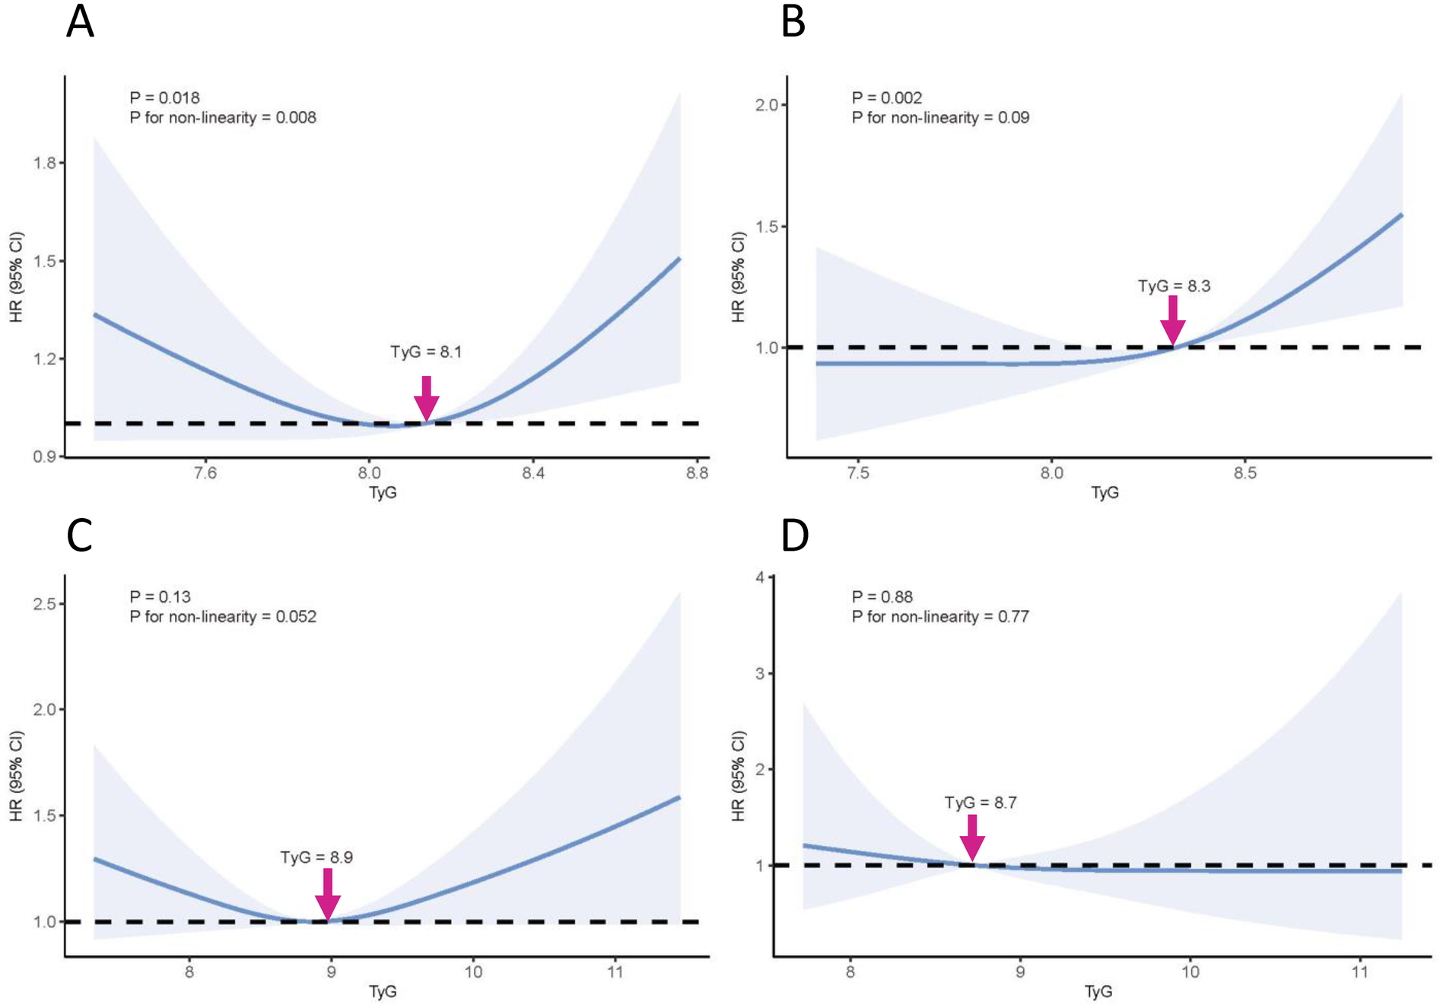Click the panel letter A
80,22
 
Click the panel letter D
795,536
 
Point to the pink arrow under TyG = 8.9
328,895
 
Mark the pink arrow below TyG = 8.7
972,838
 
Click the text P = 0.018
164,97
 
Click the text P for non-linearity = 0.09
940,117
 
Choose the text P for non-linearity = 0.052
223,616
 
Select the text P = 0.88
882,596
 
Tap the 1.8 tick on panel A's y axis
44,163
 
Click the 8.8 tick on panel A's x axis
697,473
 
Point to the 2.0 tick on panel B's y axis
766,105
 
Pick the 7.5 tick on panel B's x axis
857,473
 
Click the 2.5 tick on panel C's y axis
44,604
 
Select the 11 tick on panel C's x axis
615,971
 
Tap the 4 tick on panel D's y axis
759,577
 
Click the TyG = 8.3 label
1174,286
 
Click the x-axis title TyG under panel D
1098,991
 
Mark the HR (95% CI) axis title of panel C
17,775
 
